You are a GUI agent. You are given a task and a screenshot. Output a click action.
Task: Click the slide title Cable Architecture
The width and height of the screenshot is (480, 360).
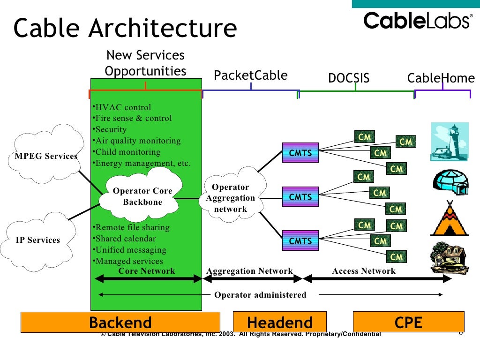tap(125, 29)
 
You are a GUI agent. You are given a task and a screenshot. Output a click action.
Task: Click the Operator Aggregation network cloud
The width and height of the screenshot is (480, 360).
tap(231, 198)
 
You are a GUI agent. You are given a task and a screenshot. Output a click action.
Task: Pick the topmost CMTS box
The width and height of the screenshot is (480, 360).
tap(300, 153)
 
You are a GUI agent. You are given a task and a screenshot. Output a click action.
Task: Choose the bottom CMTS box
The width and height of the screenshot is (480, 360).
tap(300, 241)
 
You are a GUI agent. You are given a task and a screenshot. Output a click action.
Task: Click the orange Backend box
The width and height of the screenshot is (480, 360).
tap(120, 322)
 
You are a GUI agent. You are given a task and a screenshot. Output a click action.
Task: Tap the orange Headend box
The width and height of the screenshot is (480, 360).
tap(280, 322)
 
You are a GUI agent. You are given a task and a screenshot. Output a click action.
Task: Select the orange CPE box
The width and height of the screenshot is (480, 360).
tap(408, 322)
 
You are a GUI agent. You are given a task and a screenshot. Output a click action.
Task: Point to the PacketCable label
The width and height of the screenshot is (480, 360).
tap(251, 75)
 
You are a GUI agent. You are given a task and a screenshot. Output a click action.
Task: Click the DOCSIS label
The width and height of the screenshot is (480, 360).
tap(349, 78)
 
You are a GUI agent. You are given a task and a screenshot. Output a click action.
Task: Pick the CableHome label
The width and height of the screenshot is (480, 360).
tap(441, 78)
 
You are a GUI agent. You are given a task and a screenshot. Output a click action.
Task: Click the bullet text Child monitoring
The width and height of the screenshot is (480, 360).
tap(127, 152)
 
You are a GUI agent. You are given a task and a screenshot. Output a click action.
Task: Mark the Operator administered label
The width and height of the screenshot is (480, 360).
tap(260, 295)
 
